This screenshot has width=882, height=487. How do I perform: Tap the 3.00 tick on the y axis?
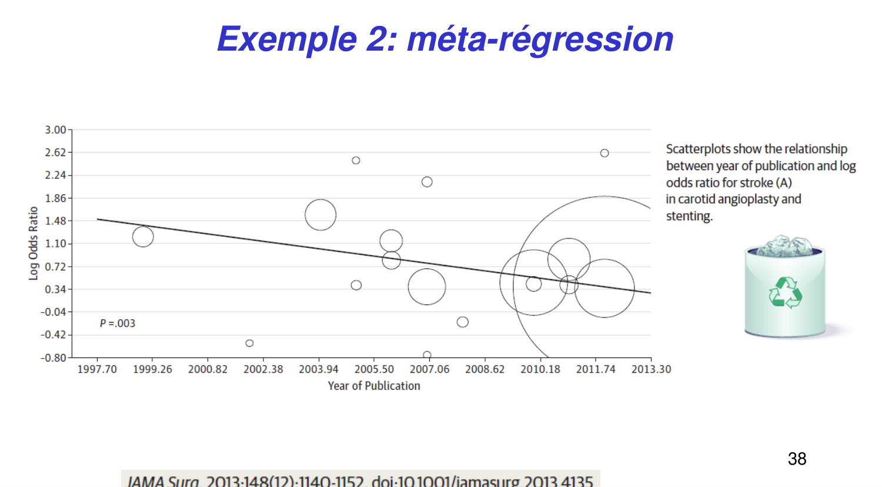[55, 130]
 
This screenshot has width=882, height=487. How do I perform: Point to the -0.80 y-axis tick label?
[54, 357]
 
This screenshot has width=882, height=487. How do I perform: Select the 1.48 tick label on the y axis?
[55, 221]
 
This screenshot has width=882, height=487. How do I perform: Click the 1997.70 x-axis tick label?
[97, 369]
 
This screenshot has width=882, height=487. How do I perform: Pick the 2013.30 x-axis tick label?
[651, 369]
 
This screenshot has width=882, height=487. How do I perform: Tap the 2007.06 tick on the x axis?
[429, 369]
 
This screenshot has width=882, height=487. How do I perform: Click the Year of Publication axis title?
[374, 386]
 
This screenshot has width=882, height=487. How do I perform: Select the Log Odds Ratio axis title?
[34, 243]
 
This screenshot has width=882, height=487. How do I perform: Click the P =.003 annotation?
[118, 323]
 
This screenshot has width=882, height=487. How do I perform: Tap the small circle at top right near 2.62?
[604, 153]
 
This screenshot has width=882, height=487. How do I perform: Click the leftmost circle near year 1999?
[143, 237]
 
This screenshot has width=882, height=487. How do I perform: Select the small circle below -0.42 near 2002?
[249, 343]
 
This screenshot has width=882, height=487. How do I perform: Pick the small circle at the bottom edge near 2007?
[427, 355]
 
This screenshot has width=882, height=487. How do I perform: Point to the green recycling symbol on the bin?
[785, 293]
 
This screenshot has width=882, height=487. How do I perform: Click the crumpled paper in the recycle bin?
[785, 246]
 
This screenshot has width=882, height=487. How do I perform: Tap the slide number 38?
[797, 459]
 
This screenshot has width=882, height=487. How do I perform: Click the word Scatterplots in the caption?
[697, 149]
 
